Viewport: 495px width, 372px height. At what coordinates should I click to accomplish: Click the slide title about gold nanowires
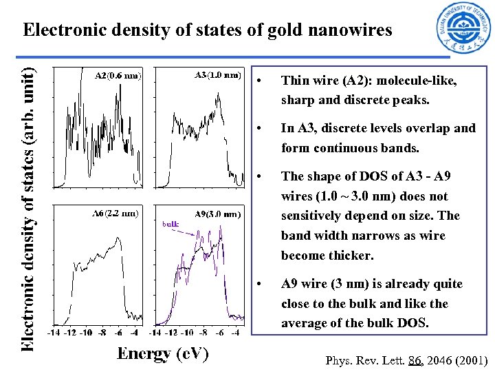click(x=207, y=30)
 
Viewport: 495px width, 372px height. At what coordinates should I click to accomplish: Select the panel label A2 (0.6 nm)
click(x=118, y=76)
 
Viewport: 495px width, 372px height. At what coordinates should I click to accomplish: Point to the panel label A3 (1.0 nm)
click(x=218, y=74)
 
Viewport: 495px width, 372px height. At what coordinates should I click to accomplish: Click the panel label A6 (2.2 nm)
click(x=115, y=213)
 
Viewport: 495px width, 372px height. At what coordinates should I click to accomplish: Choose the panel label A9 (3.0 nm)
click(x=217, y=214)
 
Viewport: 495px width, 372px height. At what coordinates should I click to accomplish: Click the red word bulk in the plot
click(x=170, y=223)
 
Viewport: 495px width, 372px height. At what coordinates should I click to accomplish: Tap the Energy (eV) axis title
click(x=162, y=353)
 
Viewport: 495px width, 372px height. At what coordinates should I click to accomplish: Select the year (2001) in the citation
click(x=472, y=360)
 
